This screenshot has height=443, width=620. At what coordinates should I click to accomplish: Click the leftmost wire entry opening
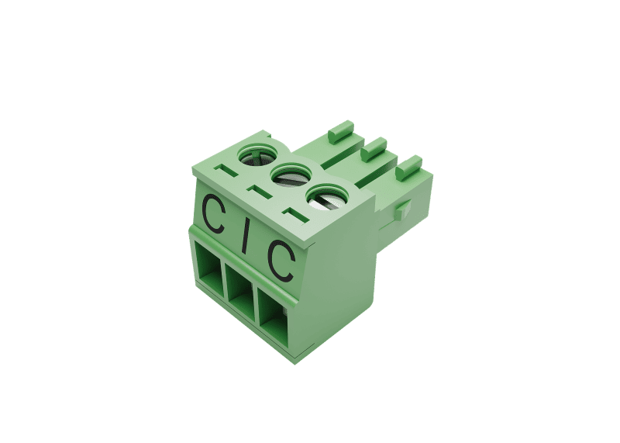point(208,266)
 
